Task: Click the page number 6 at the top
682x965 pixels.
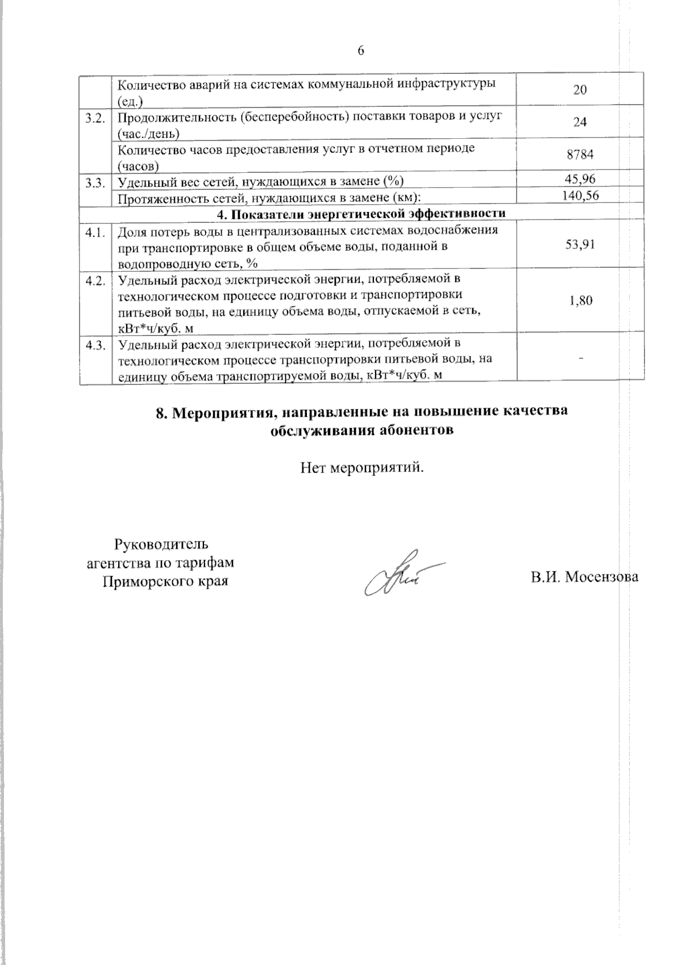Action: point(360,51)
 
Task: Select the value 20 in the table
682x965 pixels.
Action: point(580,90)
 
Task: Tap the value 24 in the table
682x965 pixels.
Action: point(580,122)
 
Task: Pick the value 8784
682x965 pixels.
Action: point(580,155)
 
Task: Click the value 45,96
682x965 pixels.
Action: point(580,180)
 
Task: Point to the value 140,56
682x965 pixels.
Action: point(580,196)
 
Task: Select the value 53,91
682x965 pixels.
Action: point(580,245)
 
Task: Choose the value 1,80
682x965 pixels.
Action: point(581,300)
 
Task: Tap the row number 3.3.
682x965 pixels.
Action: point(95,183)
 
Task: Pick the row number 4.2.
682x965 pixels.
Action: point(95,281)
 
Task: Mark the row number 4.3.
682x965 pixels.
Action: point(95,345)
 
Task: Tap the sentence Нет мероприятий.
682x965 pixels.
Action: point(363,469)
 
